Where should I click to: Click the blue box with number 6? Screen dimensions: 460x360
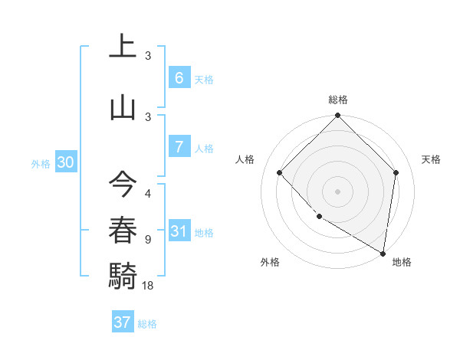click(x=179, y=78)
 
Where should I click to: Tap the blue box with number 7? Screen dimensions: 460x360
click(x=179, y=147)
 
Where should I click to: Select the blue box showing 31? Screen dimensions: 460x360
click(x=179, y=231)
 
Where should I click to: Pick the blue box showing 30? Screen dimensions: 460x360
click(x=65, y=162)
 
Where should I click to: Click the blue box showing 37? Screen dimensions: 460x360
click(x=123, y=322)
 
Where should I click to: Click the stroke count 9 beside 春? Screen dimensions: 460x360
click(x=148, y=239)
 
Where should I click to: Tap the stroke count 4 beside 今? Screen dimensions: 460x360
click(x=148, y=194)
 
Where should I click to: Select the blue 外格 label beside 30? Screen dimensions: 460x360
click(x=41, y=163)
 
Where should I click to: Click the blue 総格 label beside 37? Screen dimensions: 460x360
click(x=147, y=324)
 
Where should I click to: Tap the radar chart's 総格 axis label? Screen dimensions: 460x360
click(x=337, y=100)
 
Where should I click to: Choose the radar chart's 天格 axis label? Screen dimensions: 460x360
click(x=431, y=159)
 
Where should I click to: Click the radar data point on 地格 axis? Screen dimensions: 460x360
click(x=383, y=254)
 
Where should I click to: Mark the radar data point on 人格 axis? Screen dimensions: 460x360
click(x=280, y=173)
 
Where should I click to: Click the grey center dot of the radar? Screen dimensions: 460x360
click(x=337, y=191)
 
